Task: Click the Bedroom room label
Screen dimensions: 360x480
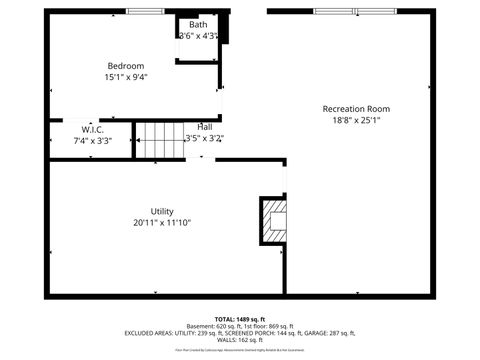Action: [126, 66]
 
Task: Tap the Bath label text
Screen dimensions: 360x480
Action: [198, 25]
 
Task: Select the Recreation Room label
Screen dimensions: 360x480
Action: [356, 109]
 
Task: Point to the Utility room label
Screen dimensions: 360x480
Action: [162, 211]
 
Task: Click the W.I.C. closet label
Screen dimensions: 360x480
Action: [93, 130]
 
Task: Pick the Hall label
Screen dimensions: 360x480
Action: [204, 127]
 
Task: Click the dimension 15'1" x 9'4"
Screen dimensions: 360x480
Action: [126, 77]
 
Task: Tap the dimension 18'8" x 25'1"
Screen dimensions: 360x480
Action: [356, 120]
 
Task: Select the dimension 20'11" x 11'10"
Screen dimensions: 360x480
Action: [162, 222]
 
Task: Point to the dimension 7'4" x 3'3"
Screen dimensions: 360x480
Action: [93, 141]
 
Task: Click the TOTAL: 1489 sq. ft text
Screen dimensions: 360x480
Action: [240, 317]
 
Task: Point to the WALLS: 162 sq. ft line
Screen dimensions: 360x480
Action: [240, 340]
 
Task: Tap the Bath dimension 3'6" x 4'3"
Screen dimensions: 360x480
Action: [199, 36]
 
